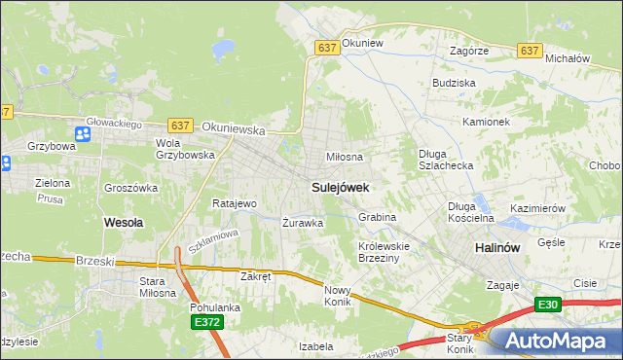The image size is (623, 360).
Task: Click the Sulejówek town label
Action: pyautogui.click(x=340, y=186)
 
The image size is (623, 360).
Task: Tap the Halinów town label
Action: pyautogui.click(x=495, y=248)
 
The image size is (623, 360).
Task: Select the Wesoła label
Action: pyautogui.click(x=124, y=222)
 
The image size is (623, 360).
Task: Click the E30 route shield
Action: pyautogui.click(x=547, y=306)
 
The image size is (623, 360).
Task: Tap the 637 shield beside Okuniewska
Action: pyautogui.click(x=179, y=126)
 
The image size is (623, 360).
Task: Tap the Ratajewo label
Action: pyautogui.click(x=234, y=204)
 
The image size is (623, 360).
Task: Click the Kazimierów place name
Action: pyautogui.click(x=537, y=209)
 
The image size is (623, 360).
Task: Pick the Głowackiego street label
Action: pyautogui.click(x=114, y=124)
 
